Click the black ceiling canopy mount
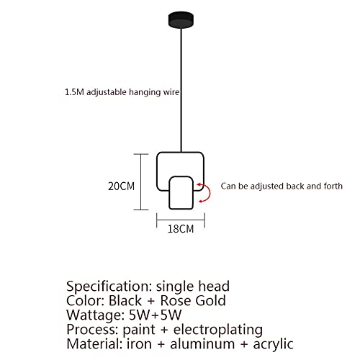coord(181,20)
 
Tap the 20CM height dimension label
coord(121,186)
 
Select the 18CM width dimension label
coord(181,229)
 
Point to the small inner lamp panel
coord(181,193)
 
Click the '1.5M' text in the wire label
coord(74,92)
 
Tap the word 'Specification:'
coord(109,287)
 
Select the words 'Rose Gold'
coord(193,300)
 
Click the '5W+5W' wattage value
coord(155,315)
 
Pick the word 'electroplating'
coord(218,330)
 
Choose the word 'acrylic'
coord(274,344)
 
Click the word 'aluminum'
coord(202,343)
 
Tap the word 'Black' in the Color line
coord(125,300)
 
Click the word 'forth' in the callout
coord(333,186)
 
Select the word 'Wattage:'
coord(95,315)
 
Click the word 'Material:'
coord(94,343)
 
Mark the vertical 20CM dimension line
coord(141,182)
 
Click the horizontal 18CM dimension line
coord(181,220)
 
